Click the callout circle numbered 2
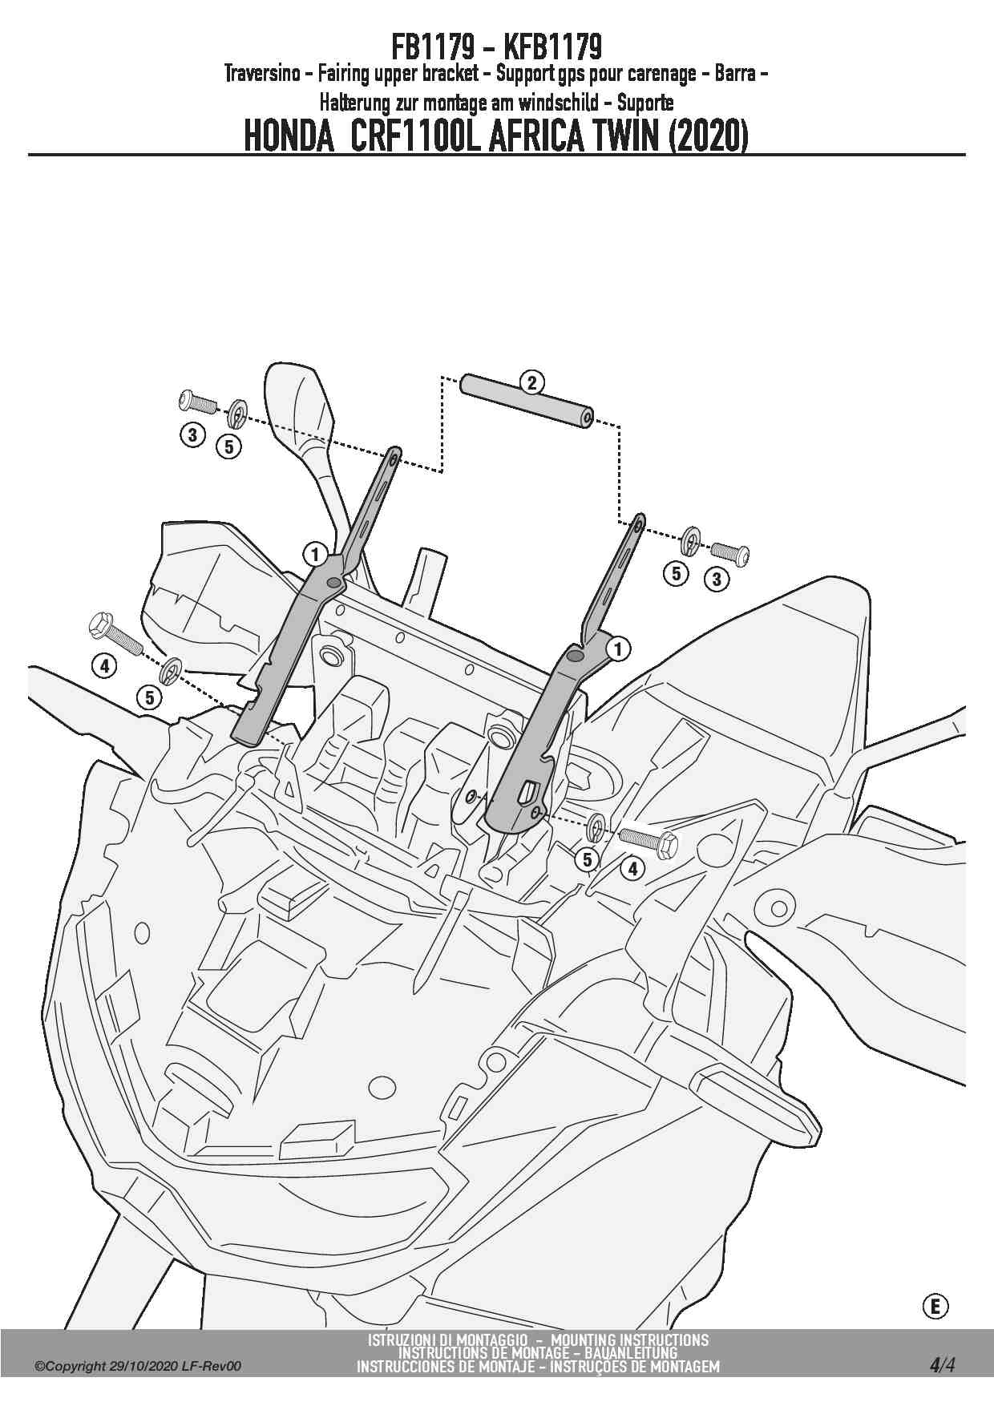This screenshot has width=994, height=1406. [531, 382]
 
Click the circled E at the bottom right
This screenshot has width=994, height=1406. [934, 1307]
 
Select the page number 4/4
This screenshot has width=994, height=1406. [942, 1364]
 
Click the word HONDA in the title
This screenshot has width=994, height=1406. [288, 136]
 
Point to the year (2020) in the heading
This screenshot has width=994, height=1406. [708, 136]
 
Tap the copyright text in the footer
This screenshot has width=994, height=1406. [137, 1366]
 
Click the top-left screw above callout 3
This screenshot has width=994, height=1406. [196, 400]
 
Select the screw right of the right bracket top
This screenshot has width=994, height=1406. [730, 552]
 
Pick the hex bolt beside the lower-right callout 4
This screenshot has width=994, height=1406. [649, 839]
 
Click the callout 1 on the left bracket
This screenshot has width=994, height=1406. [315, 554]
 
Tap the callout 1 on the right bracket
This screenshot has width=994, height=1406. [618, 648]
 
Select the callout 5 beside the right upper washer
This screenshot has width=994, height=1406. [677, 573]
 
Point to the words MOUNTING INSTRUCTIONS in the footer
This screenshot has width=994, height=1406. [630, 1339]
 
